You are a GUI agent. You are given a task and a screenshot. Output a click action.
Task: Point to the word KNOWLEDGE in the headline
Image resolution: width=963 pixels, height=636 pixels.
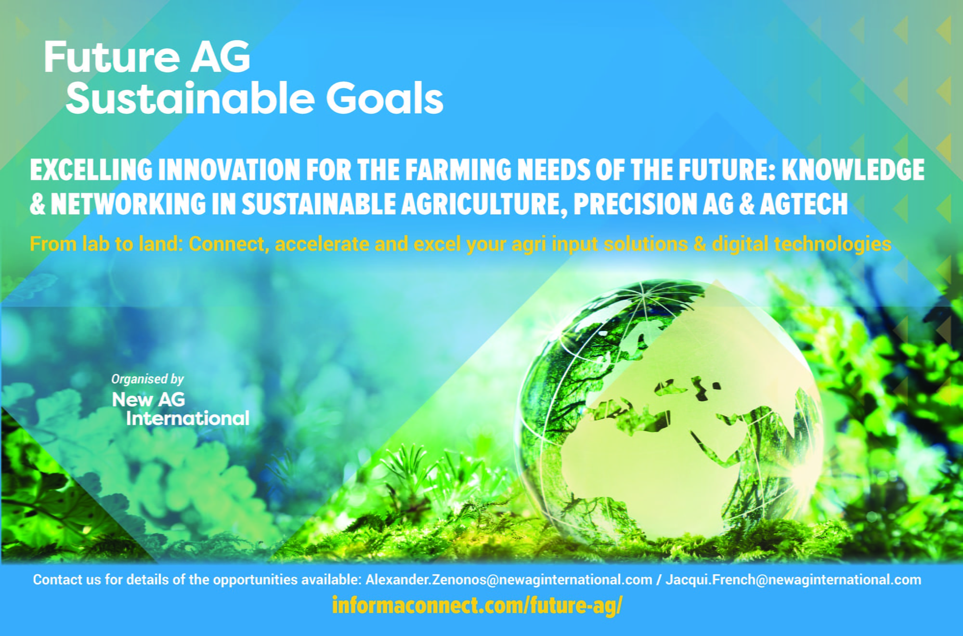[x=853, y=170]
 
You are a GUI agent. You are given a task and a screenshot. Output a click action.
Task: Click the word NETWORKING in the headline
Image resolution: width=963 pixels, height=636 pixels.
[x=128, y=203]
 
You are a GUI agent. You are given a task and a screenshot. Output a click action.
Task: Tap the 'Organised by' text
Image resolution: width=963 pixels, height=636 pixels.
[x=147, y=380]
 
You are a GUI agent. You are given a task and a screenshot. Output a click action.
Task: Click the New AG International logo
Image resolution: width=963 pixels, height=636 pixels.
[x=181, y=409]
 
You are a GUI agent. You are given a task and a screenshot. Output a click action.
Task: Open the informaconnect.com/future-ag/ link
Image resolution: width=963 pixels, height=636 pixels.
[x=477, y=606]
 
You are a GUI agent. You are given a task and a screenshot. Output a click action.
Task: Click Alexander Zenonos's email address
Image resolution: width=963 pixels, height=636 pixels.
[x=508, y=580]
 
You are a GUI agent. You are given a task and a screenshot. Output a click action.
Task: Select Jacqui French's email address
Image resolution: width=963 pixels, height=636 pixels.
[x=793, y=580]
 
